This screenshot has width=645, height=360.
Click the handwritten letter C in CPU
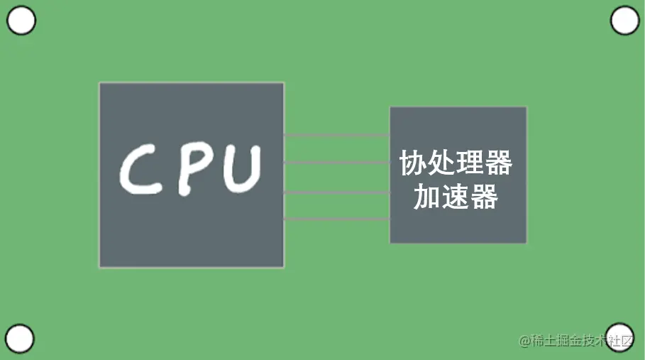click(x=143, y=170)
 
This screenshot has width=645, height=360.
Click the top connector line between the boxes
click(x=336, y=135)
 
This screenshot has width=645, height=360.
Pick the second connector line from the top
click(x=336, y=163)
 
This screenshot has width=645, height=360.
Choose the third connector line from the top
click(x=336, y=192)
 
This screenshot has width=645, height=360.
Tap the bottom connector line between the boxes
click(x=336, y=219)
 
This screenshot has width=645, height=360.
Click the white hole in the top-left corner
click(x=21, y=21)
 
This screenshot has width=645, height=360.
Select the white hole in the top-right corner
click(x=624, y=21)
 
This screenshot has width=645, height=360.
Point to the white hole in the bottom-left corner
click(x=19, y=339)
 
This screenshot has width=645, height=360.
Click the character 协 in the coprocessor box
click(x=413, y=163)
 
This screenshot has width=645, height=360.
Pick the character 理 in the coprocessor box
click(x=470, y=163)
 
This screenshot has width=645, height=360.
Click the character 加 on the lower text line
click(x=427, y=197)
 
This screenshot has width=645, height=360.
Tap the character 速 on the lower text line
click(x=456, y=197)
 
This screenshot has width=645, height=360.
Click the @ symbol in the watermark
click(x=524, y=342)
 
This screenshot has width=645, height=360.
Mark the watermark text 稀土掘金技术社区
click(x=582, y=342)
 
